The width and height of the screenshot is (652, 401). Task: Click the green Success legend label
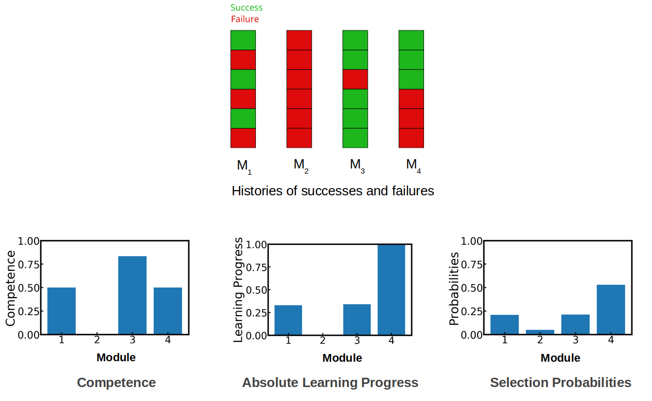click(246, 8)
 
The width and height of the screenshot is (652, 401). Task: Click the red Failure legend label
click(244, 19)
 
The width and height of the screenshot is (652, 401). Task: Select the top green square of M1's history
click(243, 40)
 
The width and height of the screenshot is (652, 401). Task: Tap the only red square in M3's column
click(355, 79)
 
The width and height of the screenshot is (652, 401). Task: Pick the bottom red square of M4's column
click(411, 137)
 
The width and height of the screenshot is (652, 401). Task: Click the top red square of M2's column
click(299, 40)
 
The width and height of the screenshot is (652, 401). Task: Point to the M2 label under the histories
click(301, 165)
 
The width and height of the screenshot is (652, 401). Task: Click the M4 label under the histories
click(413, 165)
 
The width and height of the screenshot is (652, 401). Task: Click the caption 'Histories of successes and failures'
click(333, 191)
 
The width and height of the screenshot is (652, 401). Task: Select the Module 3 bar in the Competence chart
click(132, 295)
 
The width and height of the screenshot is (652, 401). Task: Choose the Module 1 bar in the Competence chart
click(61, 311)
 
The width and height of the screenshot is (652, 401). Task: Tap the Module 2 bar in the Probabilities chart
click(540, 332)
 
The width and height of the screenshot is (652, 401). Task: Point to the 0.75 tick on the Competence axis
click(28, 265)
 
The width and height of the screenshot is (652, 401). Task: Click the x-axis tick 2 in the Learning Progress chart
click(322, 341)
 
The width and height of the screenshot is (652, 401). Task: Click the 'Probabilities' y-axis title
click(453, 288)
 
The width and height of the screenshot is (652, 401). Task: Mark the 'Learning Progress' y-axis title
click(238, 290)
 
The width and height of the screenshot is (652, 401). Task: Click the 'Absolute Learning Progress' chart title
click(330, 382)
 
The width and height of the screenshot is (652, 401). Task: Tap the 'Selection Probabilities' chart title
click(560, 382)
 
